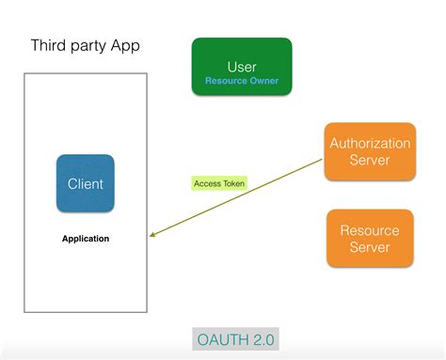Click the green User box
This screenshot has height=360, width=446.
coord(241,67)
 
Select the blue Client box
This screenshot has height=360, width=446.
coord(85,183)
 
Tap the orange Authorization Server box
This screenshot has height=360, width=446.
coord(369,151)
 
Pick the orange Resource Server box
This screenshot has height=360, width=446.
coord(369,239)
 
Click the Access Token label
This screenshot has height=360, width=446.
coord(219,183)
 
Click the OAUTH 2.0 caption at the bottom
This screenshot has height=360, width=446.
coord(235,338)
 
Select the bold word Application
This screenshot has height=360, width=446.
coord(85,239)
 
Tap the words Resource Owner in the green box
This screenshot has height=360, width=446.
coord(242,81)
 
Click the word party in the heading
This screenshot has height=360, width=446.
coord(92,46)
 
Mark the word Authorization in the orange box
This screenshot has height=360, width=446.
coord(370,143)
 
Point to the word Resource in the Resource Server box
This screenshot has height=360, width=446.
coord(370,230)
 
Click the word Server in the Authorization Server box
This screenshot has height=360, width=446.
coord(370,160)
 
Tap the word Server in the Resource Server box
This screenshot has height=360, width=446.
coord(370,247)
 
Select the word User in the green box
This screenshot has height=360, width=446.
coord(242,66)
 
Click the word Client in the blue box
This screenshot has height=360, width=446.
coord(85,184)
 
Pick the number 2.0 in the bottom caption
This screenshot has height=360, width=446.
coord(261,338)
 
